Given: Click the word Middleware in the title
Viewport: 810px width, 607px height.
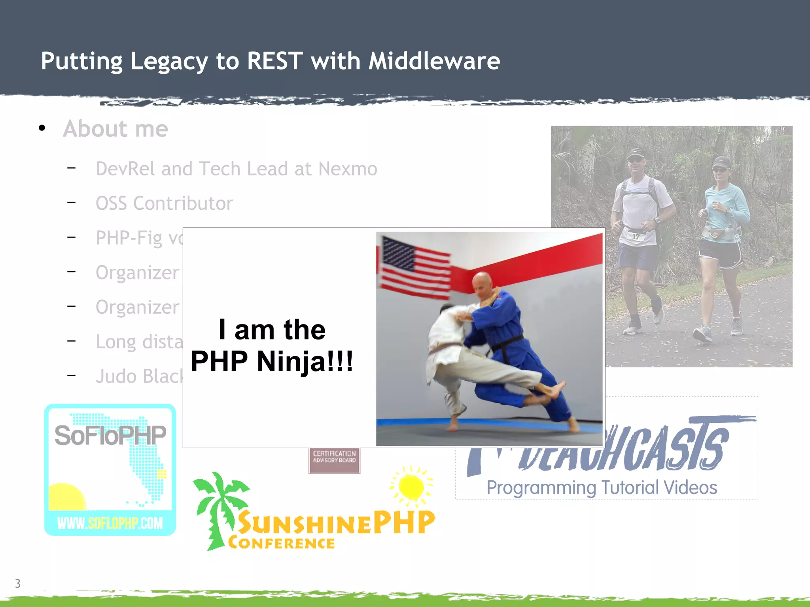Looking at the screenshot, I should coord(434,61).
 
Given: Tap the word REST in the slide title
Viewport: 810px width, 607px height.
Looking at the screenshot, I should coord(274,61).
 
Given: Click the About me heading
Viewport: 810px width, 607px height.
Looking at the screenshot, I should coord(115,129).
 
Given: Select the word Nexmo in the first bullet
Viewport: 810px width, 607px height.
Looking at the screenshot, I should coord(348,169).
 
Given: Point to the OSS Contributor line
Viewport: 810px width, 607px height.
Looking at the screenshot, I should coord(164,204).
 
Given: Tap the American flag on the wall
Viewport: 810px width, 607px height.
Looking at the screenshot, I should coord(413,267).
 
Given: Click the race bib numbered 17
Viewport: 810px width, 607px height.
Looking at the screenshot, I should coord(636,237).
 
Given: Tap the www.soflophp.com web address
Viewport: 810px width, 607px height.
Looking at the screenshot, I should coord(110,523).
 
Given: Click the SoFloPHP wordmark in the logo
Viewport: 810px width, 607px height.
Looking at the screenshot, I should coord(110,435).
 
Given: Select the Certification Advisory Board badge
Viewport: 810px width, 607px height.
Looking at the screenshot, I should coord(334,460).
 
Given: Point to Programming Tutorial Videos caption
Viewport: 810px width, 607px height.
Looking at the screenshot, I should coord(602,488).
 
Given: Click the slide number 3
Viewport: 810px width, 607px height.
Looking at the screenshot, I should coord(18,583).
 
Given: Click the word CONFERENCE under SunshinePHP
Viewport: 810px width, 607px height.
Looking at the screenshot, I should coord(281,543).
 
